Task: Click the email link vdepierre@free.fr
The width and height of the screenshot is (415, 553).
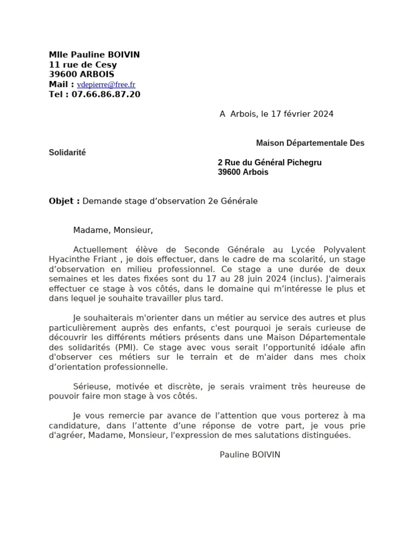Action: pos(106,85)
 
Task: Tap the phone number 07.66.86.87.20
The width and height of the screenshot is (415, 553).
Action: pos(106,95)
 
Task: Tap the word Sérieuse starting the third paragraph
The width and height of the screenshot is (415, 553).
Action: pos(90,387)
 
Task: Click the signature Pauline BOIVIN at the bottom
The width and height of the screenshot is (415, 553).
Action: pos(250,455)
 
